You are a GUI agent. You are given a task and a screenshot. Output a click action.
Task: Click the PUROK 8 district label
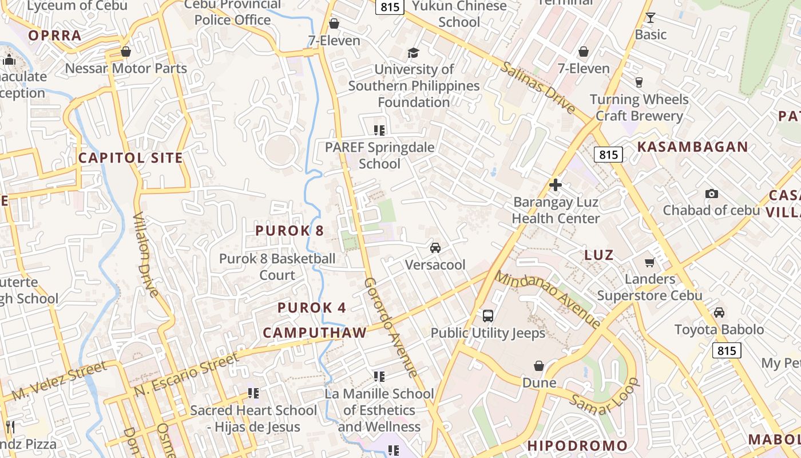289,231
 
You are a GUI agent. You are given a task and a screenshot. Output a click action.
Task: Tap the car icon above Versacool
435,248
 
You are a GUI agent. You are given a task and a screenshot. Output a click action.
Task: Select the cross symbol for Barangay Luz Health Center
555,185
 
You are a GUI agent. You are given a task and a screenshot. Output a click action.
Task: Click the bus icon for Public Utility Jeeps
488,315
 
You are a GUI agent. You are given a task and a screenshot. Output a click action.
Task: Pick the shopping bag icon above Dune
539,366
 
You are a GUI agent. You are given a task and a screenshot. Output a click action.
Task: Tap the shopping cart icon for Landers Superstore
649,262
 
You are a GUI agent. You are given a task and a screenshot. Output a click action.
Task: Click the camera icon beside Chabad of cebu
712,194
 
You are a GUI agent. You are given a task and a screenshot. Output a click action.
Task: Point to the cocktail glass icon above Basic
650,18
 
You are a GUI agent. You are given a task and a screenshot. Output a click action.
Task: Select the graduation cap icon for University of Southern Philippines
413,53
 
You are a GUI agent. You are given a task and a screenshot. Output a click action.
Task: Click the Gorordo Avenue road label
391,327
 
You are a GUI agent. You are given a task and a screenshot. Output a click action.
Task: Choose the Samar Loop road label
604,396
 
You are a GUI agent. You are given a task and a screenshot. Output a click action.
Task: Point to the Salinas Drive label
538,86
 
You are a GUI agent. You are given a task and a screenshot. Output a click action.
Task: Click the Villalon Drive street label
146,255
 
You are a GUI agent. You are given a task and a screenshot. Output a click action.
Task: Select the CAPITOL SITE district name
130,158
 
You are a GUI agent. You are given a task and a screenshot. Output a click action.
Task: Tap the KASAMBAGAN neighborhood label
692,147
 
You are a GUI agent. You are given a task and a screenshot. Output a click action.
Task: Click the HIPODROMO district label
577,445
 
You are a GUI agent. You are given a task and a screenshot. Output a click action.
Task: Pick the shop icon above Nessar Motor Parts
126,52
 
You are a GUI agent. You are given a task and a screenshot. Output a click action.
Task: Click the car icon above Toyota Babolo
719,313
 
